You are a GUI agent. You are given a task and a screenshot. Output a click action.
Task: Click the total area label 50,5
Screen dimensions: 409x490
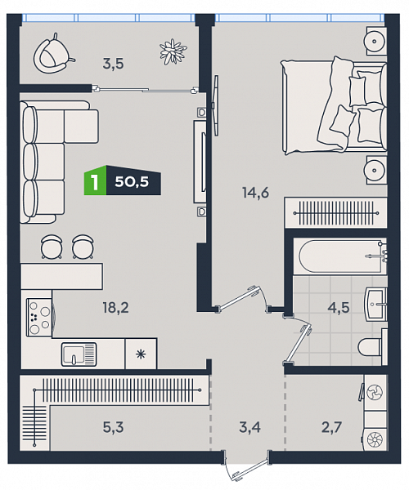[132, 181]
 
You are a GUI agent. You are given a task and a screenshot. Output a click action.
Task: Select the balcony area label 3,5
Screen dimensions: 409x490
[113, 64]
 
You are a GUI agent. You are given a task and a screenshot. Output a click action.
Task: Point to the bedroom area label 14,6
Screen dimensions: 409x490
[256, 193]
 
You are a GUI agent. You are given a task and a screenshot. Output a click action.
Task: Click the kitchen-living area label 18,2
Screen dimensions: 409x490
[116, 308]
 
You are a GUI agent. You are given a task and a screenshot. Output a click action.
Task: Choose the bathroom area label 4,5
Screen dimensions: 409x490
[339, 308]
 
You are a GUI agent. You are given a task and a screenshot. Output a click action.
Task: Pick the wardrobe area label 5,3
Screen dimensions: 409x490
[113, 427]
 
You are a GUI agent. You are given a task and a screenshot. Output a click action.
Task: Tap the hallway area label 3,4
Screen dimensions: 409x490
[249, 427]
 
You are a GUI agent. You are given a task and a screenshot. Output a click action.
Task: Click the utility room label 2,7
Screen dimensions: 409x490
[332, 427]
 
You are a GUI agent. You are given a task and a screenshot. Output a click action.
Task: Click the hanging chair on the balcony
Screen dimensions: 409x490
[53, 54]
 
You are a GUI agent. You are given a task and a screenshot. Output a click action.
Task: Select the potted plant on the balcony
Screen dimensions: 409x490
[173, 51]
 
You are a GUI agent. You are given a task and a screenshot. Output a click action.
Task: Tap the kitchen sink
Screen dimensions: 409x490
[79, 354]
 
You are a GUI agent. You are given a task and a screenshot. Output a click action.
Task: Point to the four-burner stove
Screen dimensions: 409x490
[39, 317]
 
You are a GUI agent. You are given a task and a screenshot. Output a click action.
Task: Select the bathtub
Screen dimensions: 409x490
[343, 256]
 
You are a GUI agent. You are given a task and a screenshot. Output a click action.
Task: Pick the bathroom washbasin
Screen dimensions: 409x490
[376, 303]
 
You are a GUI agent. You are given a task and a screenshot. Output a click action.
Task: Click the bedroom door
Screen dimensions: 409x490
[240, 298]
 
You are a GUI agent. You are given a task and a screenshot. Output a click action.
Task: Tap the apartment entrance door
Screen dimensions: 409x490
[248, 467]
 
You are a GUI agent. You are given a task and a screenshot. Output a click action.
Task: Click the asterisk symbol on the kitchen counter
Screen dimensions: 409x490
[141, 354]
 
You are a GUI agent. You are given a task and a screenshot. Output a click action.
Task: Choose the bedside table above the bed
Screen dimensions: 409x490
[376, 41]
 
